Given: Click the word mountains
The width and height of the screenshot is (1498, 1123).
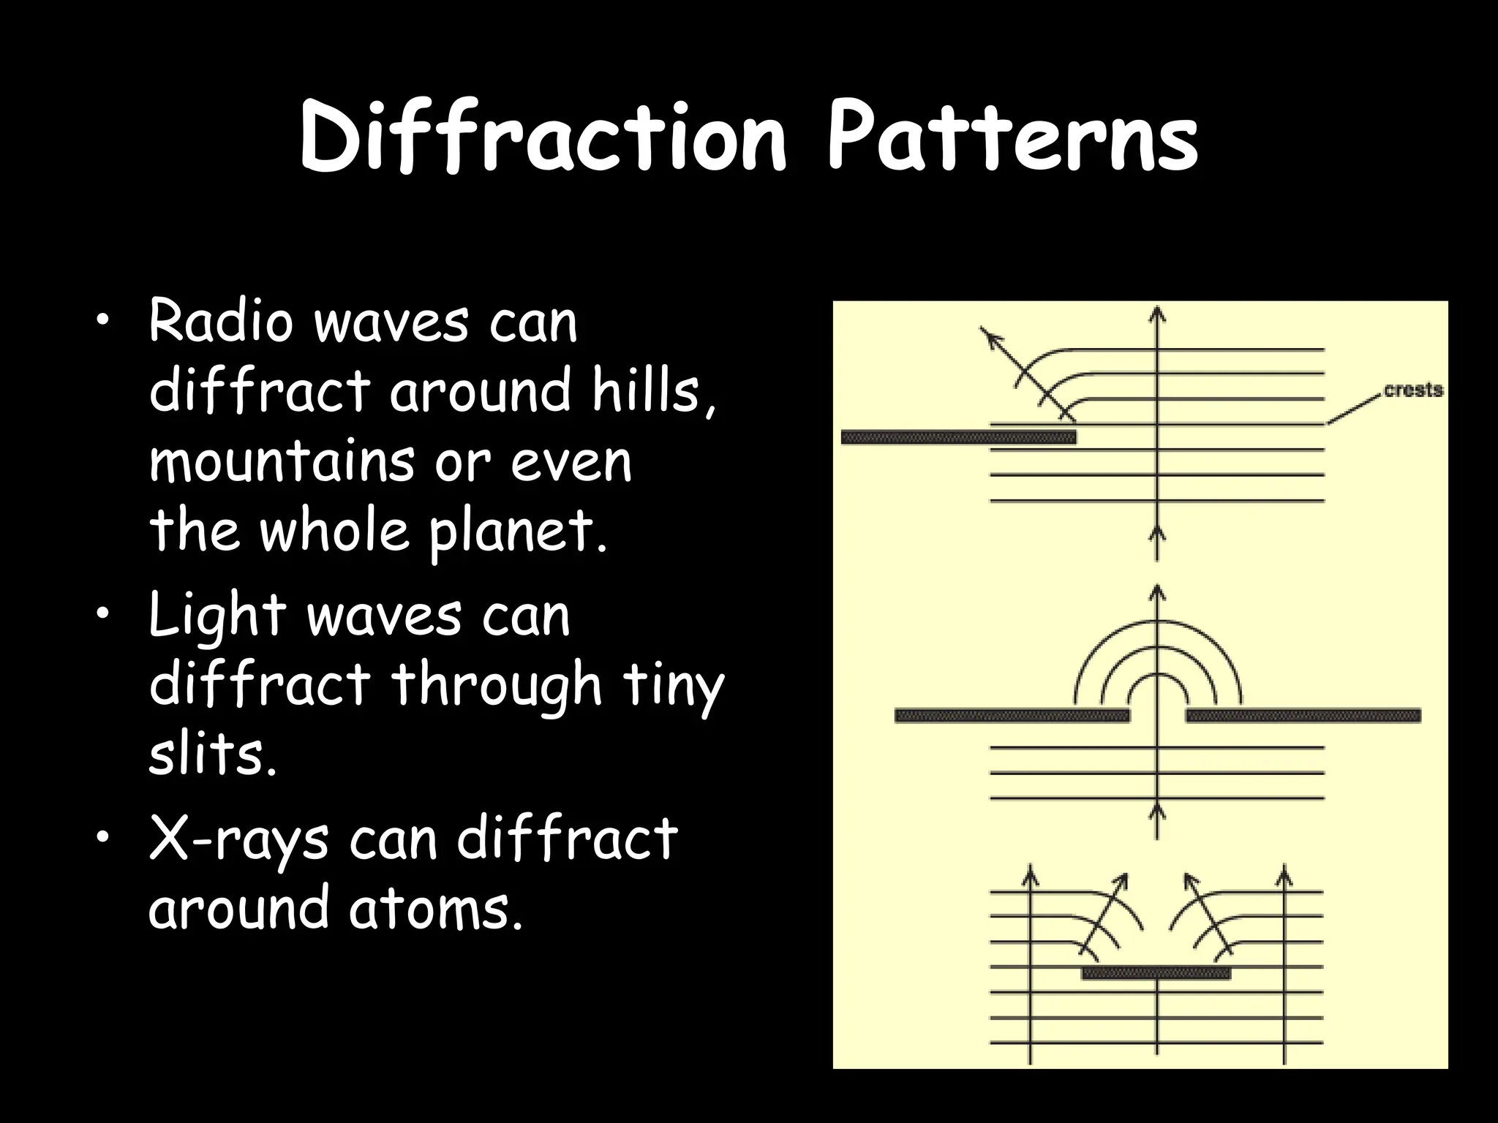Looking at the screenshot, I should (x=281, y=461).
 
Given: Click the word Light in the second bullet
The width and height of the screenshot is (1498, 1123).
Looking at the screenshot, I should (x=217, y=616).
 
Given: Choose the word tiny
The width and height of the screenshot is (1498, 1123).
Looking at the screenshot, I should (x=673, y=686).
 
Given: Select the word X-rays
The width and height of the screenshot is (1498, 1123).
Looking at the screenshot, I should (x=238, y=839).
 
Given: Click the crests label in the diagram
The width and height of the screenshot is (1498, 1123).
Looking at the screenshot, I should (x=1413, y=390).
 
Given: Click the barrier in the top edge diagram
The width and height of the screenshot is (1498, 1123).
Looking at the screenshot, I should (x=958, y=437).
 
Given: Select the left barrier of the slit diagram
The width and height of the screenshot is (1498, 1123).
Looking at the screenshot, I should (x=1012, y=715).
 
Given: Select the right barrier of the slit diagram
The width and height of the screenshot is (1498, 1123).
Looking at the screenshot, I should (x=1303, y=715).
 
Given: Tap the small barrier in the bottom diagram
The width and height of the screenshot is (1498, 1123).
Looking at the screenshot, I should (x=1156, y=973).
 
